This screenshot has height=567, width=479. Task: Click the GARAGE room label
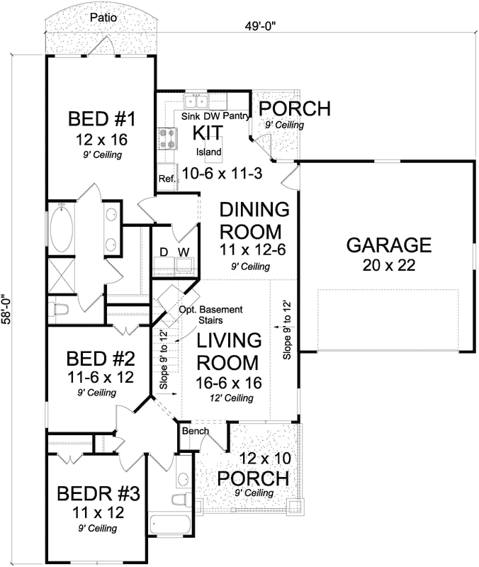[x=388, y=245]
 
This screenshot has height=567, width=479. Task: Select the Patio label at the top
[x=103, y=16]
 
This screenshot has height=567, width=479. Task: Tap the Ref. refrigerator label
[x=167, y=179]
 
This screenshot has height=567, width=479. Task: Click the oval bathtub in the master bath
[x=62, y=227]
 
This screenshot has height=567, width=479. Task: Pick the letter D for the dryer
[x=163, y=252]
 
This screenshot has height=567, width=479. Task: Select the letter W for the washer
[x=184, y=252]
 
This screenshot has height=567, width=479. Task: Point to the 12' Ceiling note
[x=230, y=398]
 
